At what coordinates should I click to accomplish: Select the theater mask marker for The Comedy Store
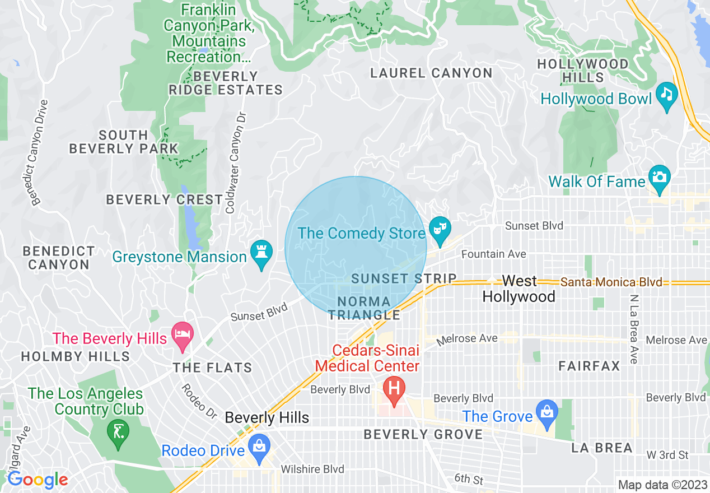[x=440, y=229]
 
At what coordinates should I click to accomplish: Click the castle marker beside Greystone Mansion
[x=261, y=253]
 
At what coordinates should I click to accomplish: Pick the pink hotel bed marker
[x=182, y=334]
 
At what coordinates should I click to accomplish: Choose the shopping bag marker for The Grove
[x=546, y=413]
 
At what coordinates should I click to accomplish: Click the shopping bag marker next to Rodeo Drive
[x=259, y=447]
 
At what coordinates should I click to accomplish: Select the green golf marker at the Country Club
[x=118, y=432]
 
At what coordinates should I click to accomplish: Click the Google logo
[x=38, y=480]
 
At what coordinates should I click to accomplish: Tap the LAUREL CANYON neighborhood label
[x=431, y=73]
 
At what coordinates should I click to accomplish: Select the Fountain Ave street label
[x=493, y=254]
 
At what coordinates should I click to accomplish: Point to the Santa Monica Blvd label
[x=611, y=282]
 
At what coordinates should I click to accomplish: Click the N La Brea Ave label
[x=634, y=329]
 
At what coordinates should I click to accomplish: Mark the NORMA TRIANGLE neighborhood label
[x=365, y=309]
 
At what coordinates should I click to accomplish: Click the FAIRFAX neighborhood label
[x=589, y=366]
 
